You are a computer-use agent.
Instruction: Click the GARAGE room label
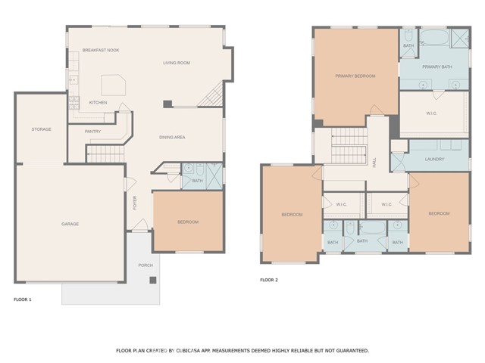pos(70,224)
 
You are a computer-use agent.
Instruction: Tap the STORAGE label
pos(42,129)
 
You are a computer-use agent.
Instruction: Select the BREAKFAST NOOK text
pos(101,50)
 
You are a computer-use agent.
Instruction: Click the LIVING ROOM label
pos(176,63)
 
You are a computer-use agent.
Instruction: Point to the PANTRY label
pos(92,131)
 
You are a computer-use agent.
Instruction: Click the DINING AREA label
pos(172,137)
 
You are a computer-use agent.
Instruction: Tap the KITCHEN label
pos(99,102)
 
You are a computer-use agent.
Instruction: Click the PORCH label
pos(145,265)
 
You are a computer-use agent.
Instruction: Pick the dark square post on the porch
pos(153,280)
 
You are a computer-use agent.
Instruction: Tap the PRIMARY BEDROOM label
pos(355,76)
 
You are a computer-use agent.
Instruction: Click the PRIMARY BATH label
pos(436,67)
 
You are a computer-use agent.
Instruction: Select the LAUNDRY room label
pos(435,160)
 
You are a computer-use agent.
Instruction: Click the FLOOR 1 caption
pos(23,300)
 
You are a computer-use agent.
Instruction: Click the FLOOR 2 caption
pos(269,280)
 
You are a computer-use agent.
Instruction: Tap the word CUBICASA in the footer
pos(199,351)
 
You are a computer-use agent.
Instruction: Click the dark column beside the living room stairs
pos(168,103)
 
